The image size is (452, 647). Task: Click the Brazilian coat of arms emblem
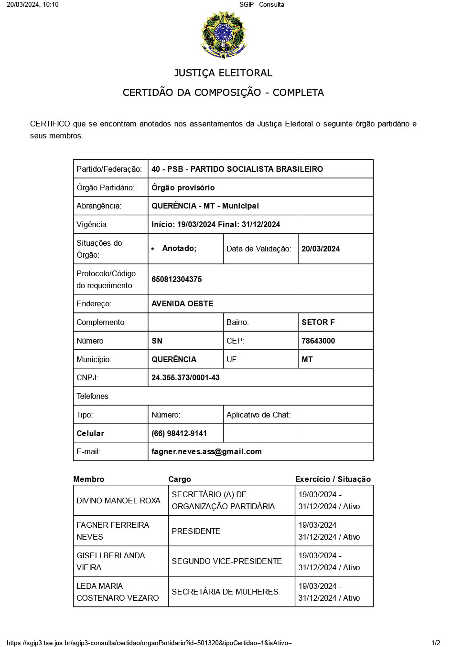click(224, 35)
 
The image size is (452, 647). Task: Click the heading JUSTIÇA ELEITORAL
click(223, 73)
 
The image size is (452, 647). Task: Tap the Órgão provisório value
click(183, 188)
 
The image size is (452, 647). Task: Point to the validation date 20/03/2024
click(321, 249)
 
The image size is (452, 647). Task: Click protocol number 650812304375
click(176, 279)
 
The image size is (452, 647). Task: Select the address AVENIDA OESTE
click(182, 303)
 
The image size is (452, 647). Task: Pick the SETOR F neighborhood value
click(318, 322)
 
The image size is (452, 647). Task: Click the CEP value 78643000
click(318, 341)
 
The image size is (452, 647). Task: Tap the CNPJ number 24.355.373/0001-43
click(185, 377)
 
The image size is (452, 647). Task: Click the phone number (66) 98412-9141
click(179, 433)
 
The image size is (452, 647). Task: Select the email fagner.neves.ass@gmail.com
click(206, 451)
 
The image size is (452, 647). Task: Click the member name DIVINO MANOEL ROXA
click(118, 501)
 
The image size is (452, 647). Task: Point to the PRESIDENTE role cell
click(196, 531)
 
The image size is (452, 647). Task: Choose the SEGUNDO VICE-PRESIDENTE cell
click(226, 561)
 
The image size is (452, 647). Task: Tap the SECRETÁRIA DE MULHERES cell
click(225, 592)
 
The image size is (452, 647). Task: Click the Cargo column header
click(180, 479)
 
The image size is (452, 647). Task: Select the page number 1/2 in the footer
click(436, 643)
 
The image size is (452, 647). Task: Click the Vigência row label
click(92, 224)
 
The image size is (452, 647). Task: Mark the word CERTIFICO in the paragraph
click(50, 124)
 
